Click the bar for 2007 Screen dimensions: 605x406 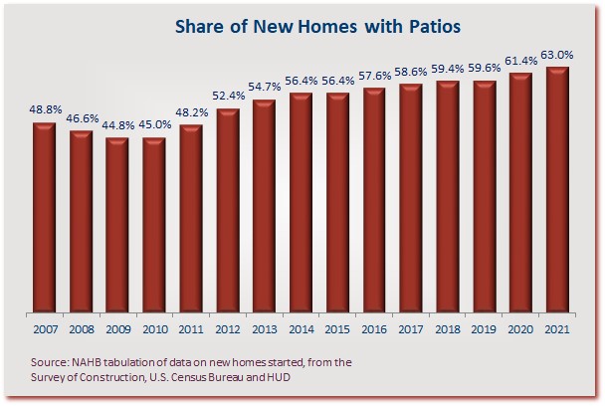point(44,217)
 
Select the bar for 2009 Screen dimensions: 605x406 point(117,225)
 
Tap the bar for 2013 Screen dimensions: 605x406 point(264,206)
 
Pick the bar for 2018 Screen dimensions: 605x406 point(448,196)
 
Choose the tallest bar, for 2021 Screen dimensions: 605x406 point(557,189)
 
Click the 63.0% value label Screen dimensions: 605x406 point(557,55)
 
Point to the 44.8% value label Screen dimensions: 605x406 point(118,125)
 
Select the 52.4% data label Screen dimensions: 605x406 point(229,96)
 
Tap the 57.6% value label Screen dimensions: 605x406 point(375,76)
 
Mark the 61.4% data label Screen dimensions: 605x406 point(521,61)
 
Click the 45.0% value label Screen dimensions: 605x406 point(154,124)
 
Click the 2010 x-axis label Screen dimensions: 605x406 point(155,329)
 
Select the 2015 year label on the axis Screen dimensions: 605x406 point(337,329)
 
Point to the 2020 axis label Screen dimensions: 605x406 point(520,329)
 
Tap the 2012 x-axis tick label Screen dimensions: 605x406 point(228,329)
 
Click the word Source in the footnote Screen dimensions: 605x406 point(50,363)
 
